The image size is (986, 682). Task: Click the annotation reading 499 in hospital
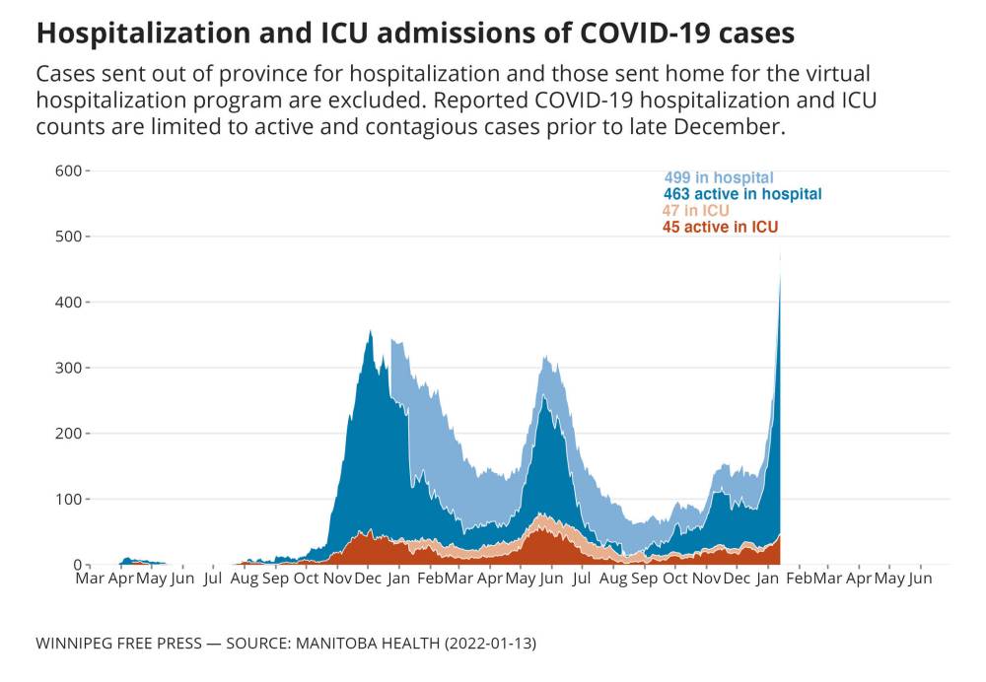(718, 178)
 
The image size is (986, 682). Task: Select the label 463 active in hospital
(742, 195)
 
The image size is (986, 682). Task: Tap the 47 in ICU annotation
(695, 211)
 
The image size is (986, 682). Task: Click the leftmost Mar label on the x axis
(90, 579)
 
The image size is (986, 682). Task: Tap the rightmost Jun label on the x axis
(919, 579)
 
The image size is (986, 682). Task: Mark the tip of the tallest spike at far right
(781, 253)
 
